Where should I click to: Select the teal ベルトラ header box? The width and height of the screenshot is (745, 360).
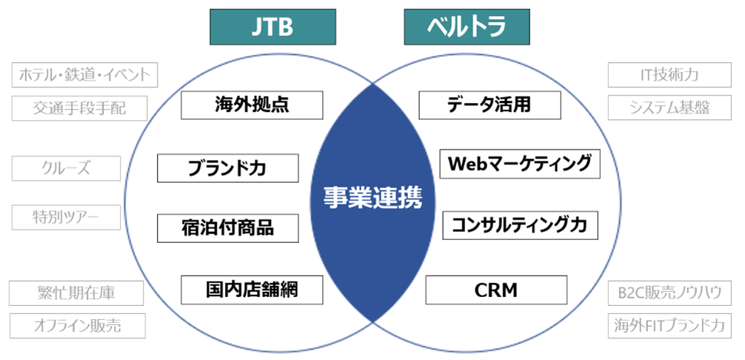tap(467, 27)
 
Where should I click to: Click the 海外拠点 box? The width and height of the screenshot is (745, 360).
tap(252, 105)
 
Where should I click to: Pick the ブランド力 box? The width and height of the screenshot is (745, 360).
tap(227, 168)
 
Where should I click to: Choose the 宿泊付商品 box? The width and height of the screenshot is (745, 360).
tap(227, 227)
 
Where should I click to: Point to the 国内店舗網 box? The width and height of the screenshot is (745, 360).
tap(252, 289)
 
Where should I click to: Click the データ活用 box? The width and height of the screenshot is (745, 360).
tap(490, 104)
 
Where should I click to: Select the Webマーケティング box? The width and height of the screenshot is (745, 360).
tap(520, 164)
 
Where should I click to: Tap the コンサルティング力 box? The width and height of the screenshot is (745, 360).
tap(520, 224)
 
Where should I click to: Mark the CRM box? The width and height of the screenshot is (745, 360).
tap(496, 290)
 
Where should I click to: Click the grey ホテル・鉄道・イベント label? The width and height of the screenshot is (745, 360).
tap(86, 75)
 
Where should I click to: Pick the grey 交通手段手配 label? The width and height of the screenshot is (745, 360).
tap(79, 108)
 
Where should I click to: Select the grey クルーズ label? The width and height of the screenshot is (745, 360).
tap(66, 168)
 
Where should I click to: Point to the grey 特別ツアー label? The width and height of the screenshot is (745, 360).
tap(66, 217)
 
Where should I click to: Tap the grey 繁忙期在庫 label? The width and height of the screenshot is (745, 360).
tap(76, 293)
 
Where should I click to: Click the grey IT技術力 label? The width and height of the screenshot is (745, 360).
tap(669, 75)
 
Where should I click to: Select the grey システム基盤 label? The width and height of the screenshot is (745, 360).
tap(669, 107)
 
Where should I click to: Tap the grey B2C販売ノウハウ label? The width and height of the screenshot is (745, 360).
tap(669, 293)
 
